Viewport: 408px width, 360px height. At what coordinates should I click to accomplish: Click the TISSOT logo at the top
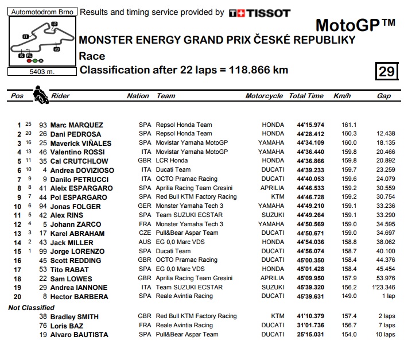click(x=259, y=13)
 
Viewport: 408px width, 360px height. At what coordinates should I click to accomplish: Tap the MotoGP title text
click(x=355, y=25)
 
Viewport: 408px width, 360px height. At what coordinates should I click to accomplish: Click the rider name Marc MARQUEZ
click(x=76, y=125)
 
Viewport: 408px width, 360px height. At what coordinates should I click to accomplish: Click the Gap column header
click(x=384, y=96)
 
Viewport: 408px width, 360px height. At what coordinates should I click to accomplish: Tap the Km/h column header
click(x=342, y=96)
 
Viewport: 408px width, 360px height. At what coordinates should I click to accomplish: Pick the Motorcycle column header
click(x=264, y=96)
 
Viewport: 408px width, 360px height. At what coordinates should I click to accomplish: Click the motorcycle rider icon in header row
click(x=40, y=94)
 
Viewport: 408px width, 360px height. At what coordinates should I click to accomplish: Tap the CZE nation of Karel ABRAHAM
click(x=144, y=233)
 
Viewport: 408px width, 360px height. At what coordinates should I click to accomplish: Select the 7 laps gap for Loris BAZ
click(x=385, y=325)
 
